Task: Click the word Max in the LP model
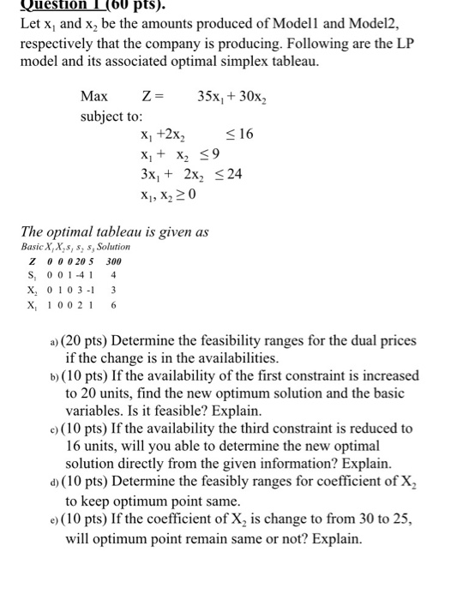(x=93, y=94)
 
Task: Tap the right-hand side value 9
(x=216, y=154)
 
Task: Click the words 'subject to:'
(x=111, y=115)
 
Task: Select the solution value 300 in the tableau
(x=113, y=261)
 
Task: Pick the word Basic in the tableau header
(x=33, y=247)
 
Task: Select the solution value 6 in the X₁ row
(x=112, y=304)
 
